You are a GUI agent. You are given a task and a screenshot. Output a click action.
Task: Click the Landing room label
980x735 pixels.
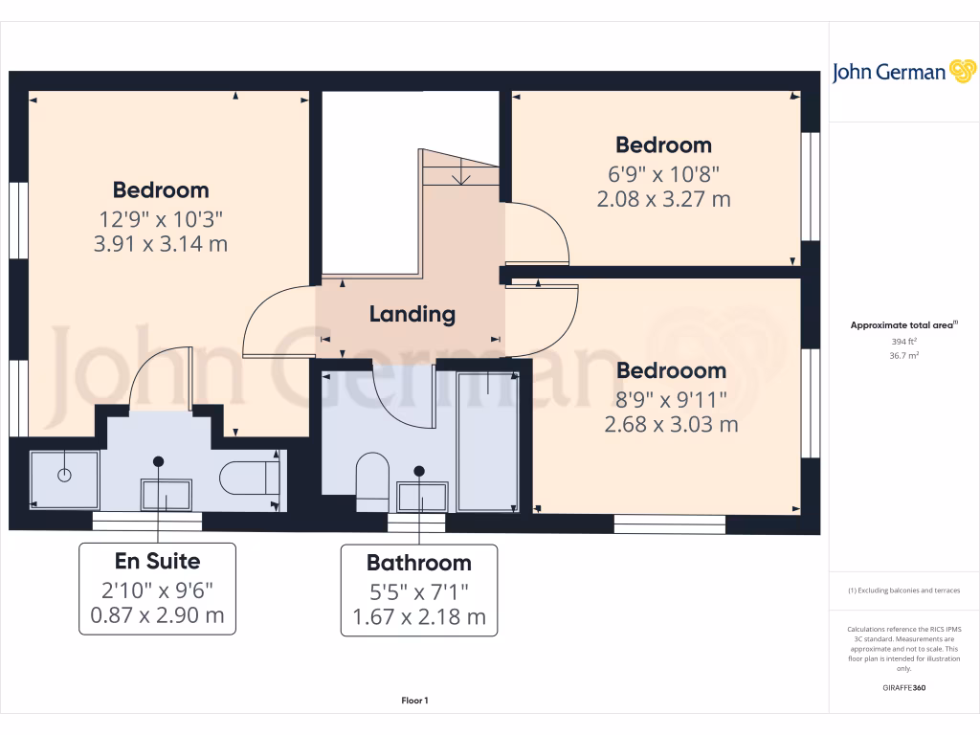click(x=412, y=314)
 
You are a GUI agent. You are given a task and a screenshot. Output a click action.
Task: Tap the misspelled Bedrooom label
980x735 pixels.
click(x=671, y=370)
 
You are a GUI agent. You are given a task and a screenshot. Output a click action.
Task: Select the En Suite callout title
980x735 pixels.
click(x=157, y=560)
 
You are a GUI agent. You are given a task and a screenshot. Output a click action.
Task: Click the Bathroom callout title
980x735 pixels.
click(x=419, y=563)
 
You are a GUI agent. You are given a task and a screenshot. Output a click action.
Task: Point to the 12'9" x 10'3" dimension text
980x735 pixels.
click(x=161, y=217)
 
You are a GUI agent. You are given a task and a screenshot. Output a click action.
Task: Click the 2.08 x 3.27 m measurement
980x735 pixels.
click(x=663, y=199)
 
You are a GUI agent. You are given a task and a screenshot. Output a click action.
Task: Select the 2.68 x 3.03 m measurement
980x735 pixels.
click(x=671, y=424)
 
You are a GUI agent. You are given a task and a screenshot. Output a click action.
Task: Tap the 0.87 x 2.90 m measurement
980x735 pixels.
click(x=157, y=614)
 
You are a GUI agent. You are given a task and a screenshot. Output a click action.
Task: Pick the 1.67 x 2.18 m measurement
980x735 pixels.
click(x=419, y=617)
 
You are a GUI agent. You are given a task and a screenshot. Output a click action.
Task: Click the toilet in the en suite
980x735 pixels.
click(x=247, y=478)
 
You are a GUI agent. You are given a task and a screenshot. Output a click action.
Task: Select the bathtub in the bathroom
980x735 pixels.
click(x=487, y=441)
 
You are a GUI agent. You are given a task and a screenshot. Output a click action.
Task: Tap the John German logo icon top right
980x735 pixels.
click(x=961, y=71)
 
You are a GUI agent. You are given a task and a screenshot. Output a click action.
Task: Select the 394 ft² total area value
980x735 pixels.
click(x=902, y=341)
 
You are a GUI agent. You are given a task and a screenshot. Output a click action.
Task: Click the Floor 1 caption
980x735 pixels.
click(x=414, y=702)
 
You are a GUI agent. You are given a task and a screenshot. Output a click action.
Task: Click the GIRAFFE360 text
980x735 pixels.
click(x=903, y=687)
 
